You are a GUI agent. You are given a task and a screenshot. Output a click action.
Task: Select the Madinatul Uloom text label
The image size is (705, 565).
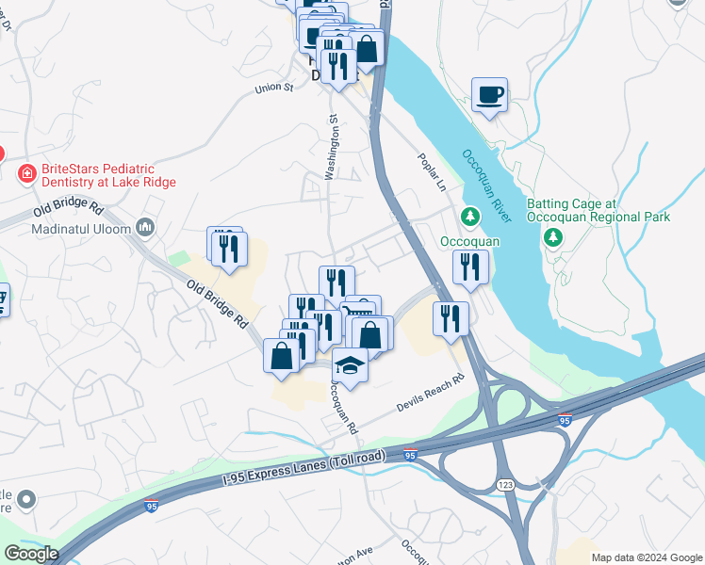tap(83, 228)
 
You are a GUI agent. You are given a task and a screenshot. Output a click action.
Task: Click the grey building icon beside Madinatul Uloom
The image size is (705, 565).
tap(145, 227)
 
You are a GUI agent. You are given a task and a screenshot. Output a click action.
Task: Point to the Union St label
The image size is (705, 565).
tap(274, 89)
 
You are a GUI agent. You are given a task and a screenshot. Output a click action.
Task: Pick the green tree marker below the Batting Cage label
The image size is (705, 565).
tap(554, 236)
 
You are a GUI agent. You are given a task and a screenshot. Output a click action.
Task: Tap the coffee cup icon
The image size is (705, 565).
tap(489, 95)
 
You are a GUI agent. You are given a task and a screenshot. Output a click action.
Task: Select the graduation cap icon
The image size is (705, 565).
tap(350, 364)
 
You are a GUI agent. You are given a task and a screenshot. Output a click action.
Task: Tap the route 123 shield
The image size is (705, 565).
tap(506, 483)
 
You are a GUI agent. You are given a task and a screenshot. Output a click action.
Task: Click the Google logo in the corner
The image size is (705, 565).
tap(30, 554)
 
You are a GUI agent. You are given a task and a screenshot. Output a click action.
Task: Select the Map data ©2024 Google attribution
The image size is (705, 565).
tap(646, 557)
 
